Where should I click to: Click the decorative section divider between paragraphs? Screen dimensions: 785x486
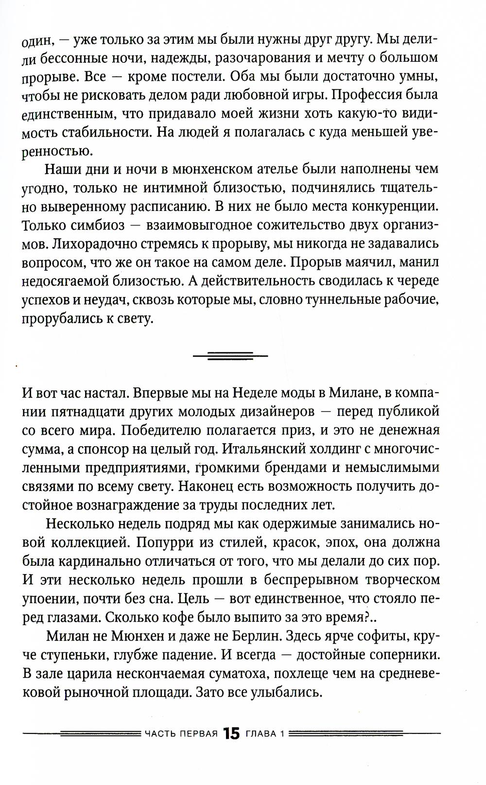pyautogui.click(x=230, y=355)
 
